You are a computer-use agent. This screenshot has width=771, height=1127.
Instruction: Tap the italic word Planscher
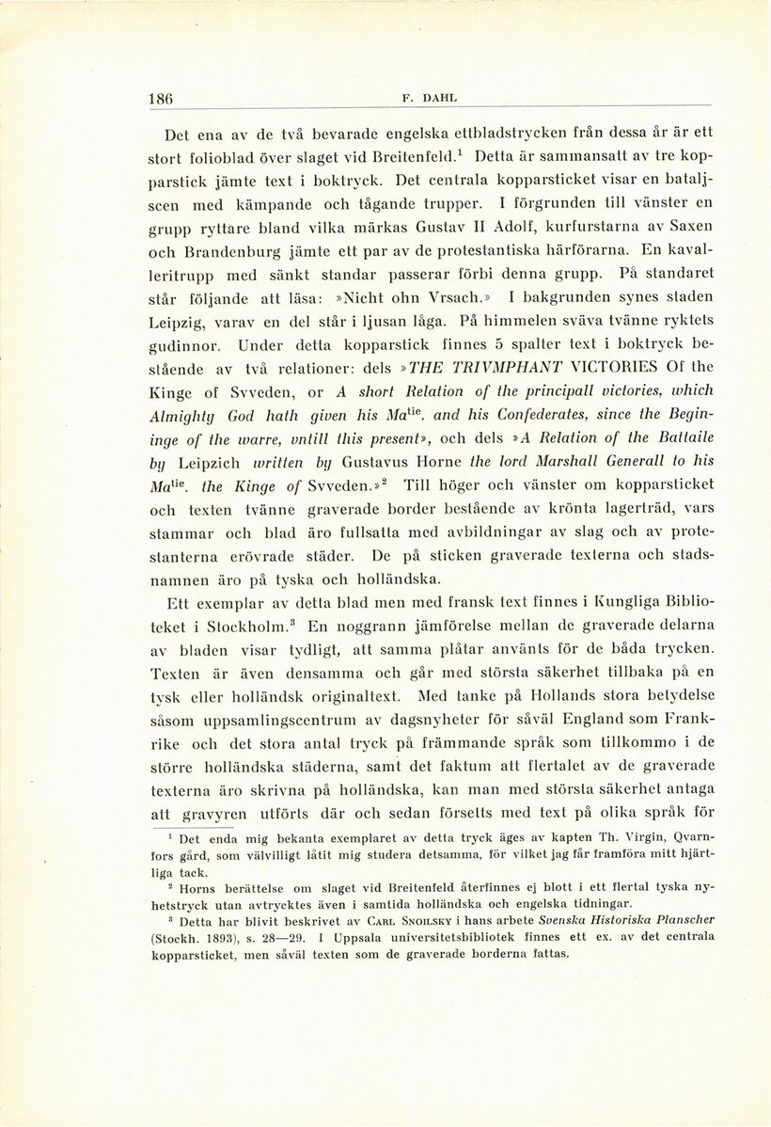coord(680,918)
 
